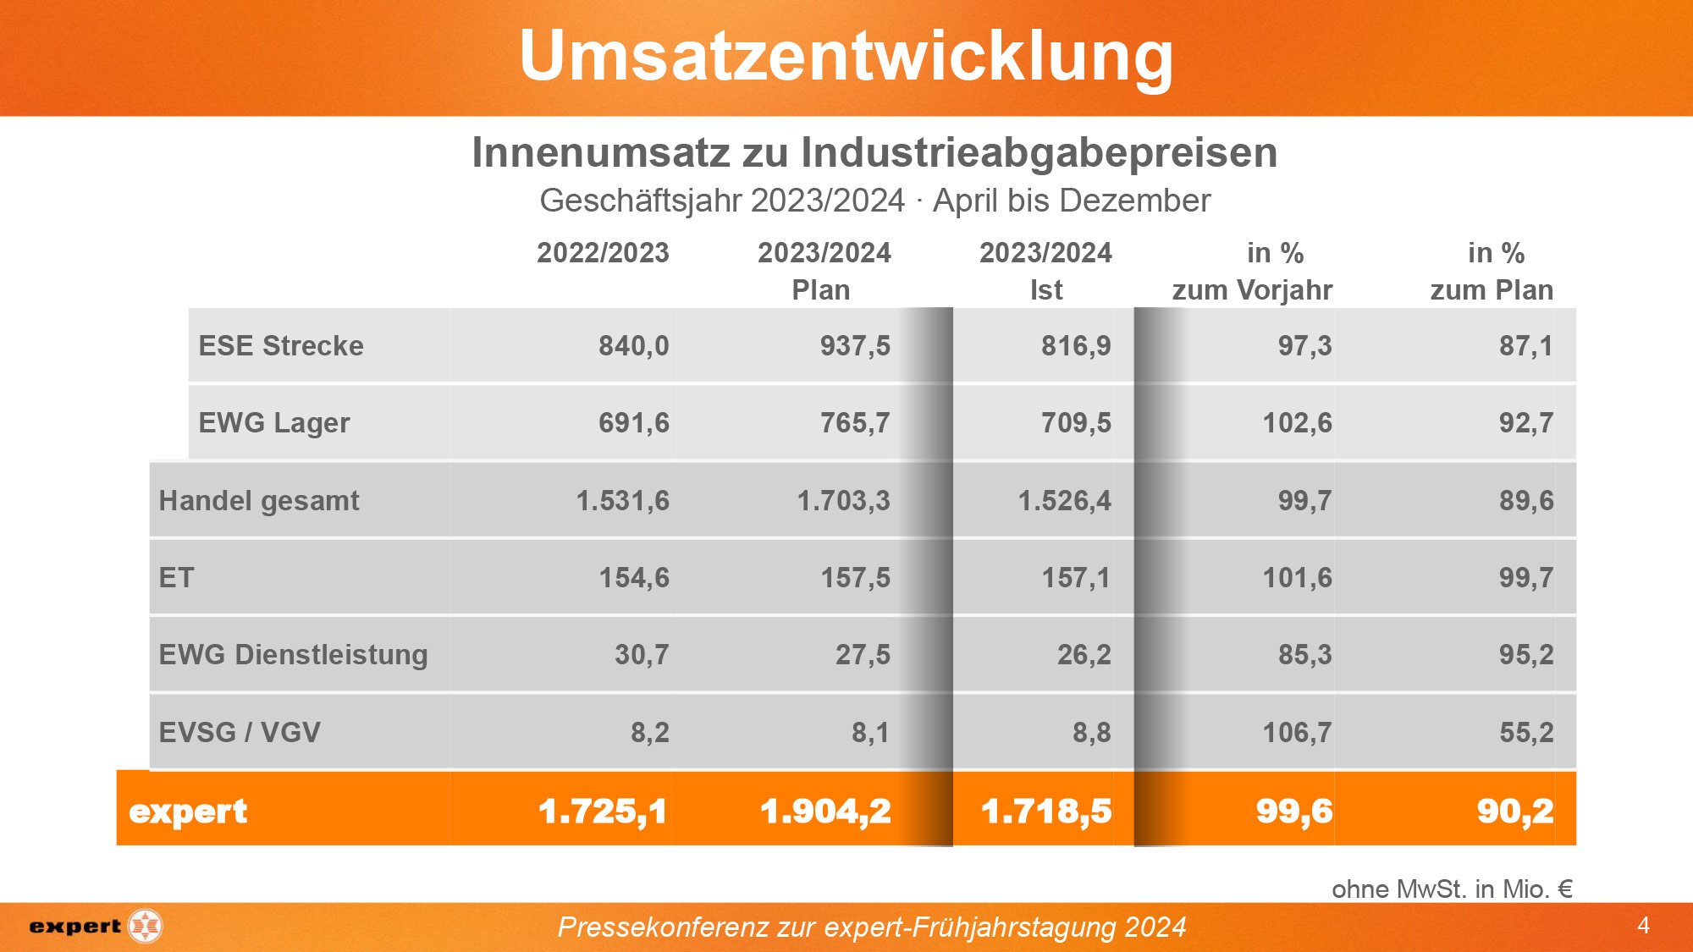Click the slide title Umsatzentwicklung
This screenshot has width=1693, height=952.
(846, 56)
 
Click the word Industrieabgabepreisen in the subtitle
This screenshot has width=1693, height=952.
(1039, 153)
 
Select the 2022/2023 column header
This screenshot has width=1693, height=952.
(603, 253)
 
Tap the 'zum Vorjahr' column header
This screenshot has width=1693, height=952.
(1252, 290)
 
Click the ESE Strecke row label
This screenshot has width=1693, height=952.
(281, 346)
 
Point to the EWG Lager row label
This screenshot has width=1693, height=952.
(273, 423)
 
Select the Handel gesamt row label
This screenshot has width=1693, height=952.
(259, 501)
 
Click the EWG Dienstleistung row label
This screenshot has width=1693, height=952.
(293, 655)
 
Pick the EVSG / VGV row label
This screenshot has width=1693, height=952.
(240, 732)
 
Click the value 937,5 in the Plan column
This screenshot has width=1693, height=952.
(855, 346)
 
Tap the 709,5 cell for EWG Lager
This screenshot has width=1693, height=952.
(1076, 423)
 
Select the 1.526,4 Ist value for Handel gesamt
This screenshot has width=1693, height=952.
(1064, 501)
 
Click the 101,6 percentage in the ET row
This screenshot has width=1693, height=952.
(1297, 578)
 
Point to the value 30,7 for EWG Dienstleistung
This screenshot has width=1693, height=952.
(642, 655)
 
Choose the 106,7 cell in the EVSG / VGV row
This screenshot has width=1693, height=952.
(1297, 732)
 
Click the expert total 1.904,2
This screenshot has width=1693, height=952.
(825, 811)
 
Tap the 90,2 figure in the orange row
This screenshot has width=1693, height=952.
(1515, 811)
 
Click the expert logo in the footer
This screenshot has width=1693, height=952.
(95, 927)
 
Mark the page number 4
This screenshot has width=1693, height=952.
(1643, 926)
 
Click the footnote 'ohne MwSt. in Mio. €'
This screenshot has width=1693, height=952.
(1452, 889)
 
